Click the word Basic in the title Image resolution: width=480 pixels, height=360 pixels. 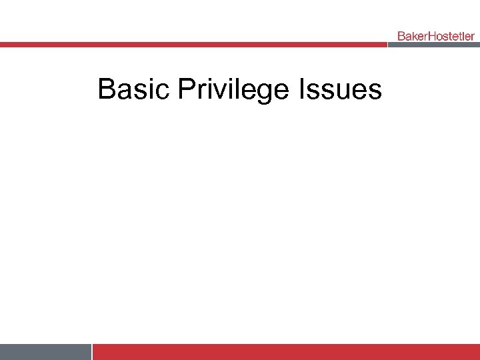click(x=134, y=89)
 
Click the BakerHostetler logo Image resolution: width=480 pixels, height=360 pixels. click(x=435, y=35)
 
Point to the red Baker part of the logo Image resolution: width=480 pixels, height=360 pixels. click(x=412, y=35)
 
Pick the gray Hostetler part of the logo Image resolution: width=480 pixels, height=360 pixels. click(x=451, y=35)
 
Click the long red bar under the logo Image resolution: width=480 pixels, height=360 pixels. click(x=193, y=45)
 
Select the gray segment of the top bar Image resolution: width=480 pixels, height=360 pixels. click(x=433, y=45)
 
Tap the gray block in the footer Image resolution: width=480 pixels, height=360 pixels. click(x=45, y=352)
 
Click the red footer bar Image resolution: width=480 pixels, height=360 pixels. click(x=287, y=352)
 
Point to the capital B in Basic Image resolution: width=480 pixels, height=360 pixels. click(x=105, y=89)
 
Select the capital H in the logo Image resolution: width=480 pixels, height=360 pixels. click(x=431, y=35)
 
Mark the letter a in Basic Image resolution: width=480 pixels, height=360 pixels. click(x=121, y=91)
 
